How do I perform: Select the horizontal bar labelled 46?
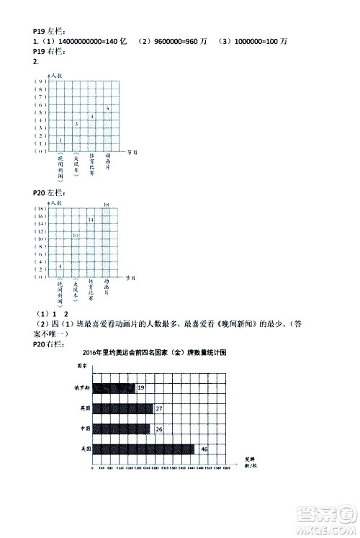tap(144, 449)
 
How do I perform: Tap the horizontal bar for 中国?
tap(122, 429)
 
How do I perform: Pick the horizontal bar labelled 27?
tap(123, 408)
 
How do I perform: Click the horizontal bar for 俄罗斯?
tap(114, 388)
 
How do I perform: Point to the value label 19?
tap(141, 388)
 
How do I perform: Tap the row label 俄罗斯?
tap(85, 388)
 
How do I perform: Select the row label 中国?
tap(85, 429)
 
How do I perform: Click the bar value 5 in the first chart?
tap(107, 108)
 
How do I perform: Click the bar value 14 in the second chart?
tap(91, 219)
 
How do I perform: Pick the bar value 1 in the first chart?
tap(60, 140)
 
